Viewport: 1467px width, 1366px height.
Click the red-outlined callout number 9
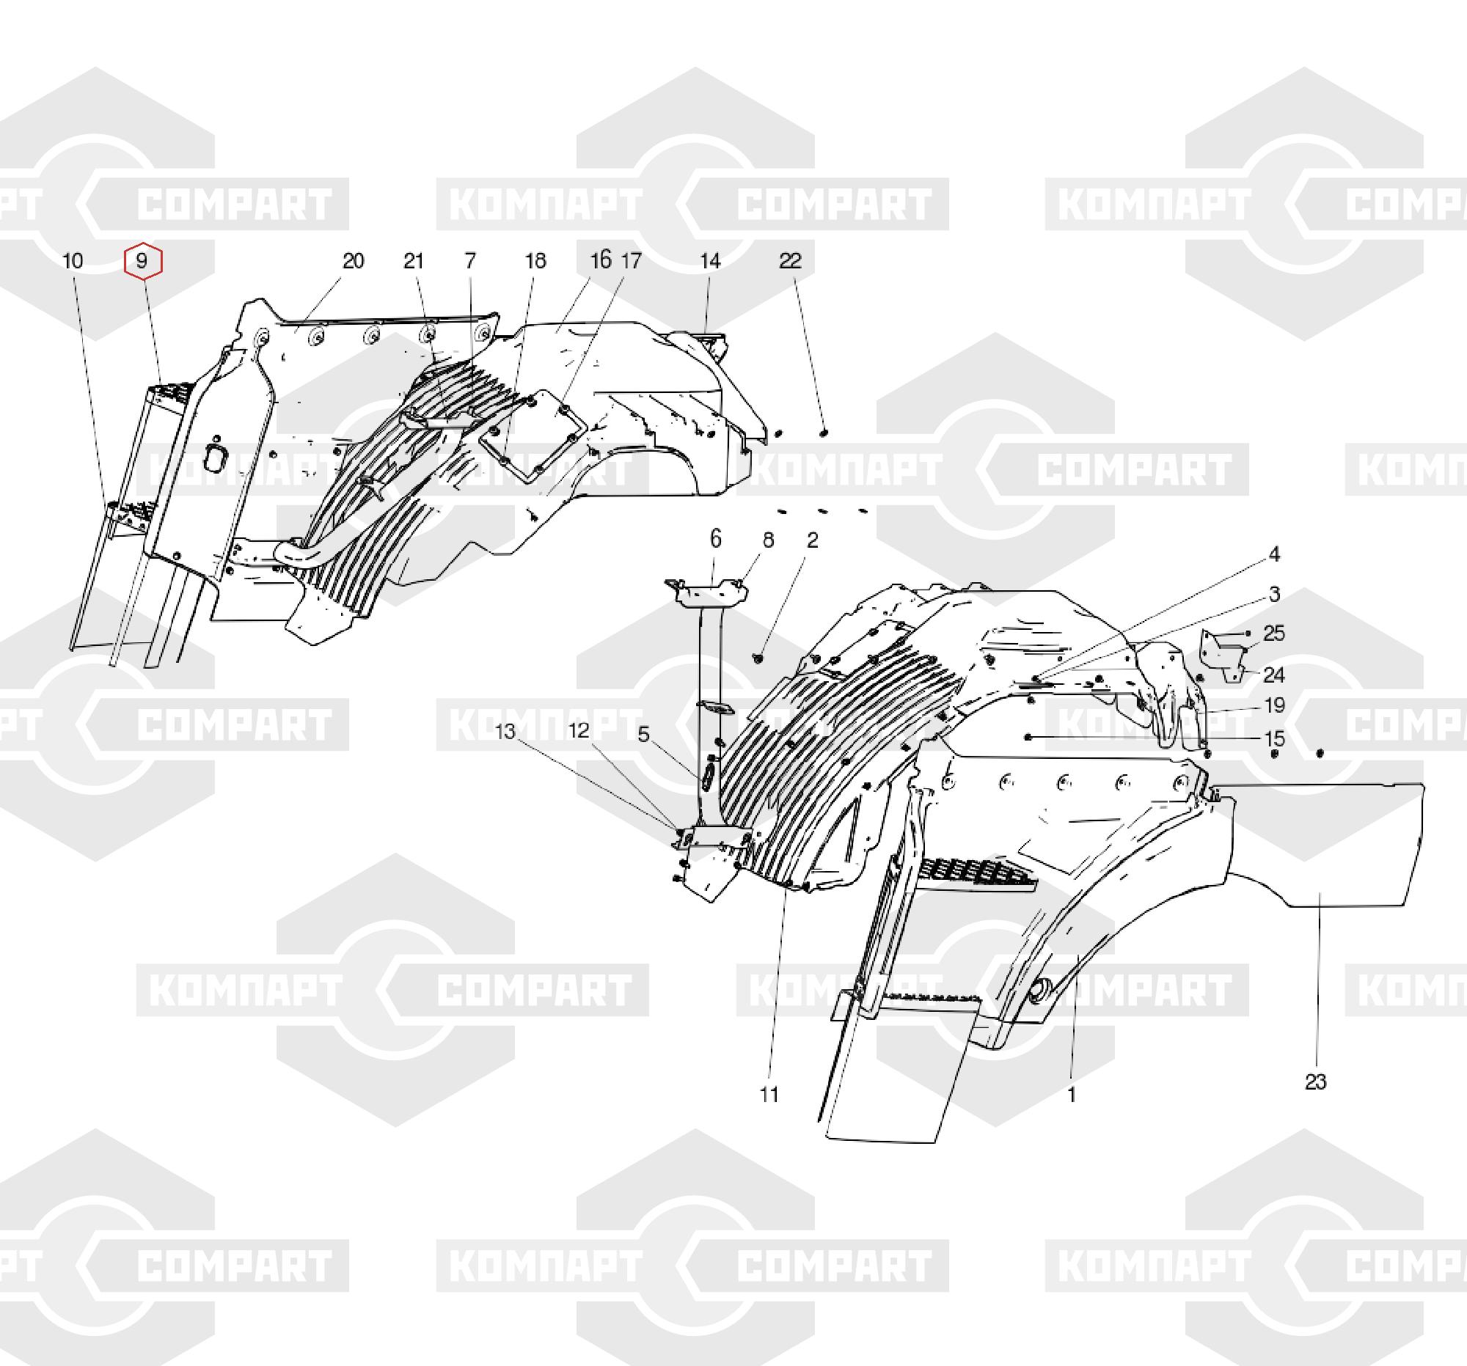click(142, 261)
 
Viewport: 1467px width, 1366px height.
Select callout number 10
click(73, 261)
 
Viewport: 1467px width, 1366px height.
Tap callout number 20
click(354, 261)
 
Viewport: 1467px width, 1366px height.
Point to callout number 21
click(414, 261)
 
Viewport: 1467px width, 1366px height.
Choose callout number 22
click(790, 261)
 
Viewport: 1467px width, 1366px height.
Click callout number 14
click(710, 261)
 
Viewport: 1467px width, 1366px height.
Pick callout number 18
click(535, 261)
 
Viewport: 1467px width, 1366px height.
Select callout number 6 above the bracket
click(716, 539)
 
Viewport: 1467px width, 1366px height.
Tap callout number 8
click(768, 540)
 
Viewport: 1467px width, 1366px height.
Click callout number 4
click(1274, 554)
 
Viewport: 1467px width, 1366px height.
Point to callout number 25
click(1274, 633)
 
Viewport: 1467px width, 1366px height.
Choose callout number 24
click(1274, 675)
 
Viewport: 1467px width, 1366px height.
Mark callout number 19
click(1275, 706)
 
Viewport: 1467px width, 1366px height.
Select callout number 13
click(505, 732)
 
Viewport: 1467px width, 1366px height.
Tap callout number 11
click(769, 1095)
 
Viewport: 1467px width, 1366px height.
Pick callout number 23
click(1316, 1082)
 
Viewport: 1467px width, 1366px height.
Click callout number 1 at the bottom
click(1072, 1095)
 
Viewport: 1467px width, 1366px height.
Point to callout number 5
click(643, 735)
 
